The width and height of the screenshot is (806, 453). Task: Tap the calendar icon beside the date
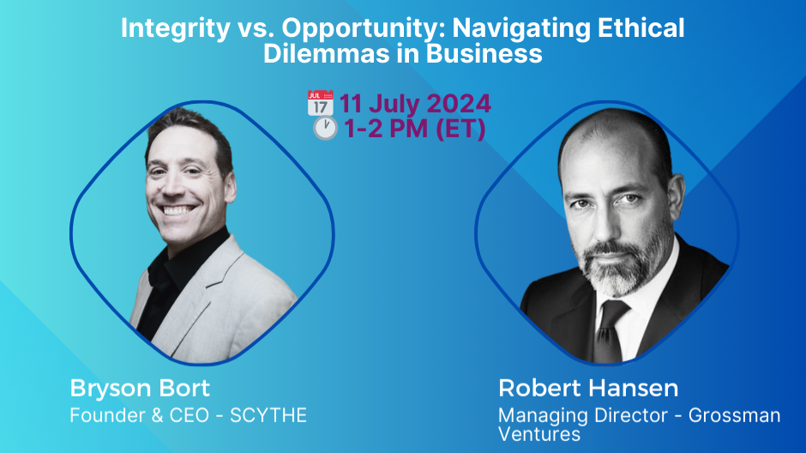point(320,105)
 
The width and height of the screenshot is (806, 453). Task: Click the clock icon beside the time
point(324,130)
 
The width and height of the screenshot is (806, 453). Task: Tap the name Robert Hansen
point(588,388)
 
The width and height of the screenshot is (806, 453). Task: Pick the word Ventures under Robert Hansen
point(539,434)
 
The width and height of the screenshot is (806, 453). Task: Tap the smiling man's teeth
point(179,210)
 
